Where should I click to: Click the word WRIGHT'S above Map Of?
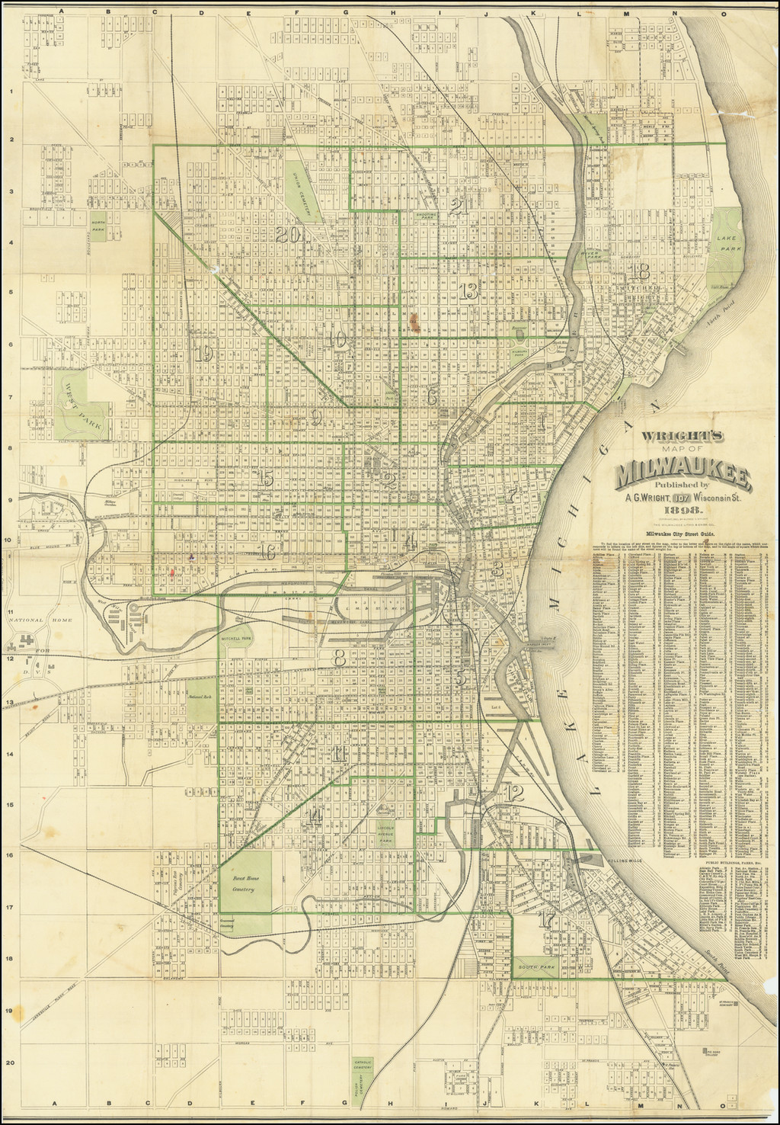point(685,437)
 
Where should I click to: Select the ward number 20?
point(290,235)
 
